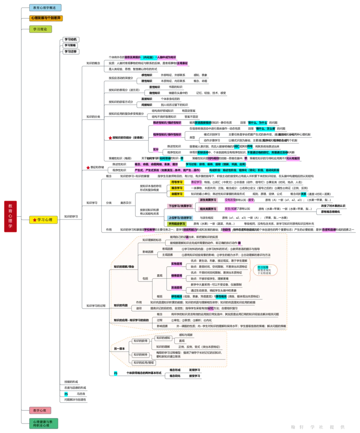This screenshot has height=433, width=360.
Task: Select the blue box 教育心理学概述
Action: point(45,8)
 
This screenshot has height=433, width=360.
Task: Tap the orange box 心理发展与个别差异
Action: point(46,18)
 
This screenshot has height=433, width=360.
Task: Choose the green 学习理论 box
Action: point(41,29)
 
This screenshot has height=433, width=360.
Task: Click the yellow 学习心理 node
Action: point(44,220)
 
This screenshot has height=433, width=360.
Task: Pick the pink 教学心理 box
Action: point(40,410)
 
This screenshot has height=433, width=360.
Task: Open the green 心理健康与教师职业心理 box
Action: point(44,423)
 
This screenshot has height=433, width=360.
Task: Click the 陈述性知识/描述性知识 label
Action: point(167,122)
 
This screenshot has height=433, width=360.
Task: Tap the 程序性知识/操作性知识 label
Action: point(167,134)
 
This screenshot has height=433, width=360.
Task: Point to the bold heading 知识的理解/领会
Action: point(124,267)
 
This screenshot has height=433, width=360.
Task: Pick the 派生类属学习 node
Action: point(208,200)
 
